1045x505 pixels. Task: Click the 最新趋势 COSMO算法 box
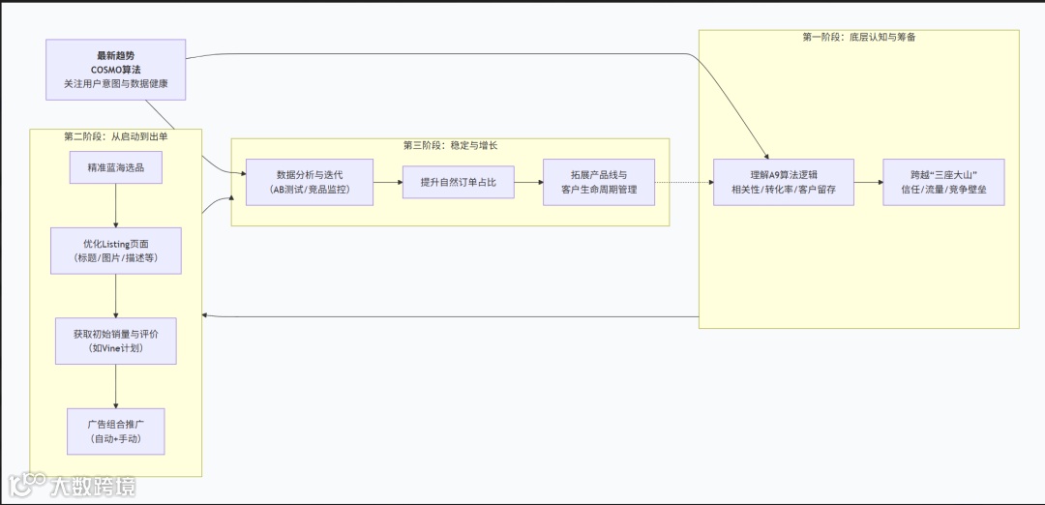[116, 70]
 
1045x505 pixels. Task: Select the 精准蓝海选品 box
[116, 167]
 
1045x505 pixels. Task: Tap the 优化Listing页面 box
[116, 251]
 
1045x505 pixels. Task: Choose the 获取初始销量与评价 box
[116, 341]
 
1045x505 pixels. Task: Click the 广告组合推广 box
[116, 431]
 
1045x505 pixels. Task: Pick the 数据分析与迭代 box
[310, 182]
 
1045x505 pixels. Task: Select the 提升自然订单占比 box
[459, 182]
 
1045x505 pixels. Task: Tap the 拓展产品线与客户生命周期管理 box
[599, 182]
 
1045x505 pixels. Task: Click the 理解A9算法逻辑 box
[784, 182]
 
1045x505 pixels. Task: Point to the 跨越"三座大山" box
[943, 182]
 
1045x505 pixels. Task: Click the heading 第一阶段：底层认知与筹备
[859, 37]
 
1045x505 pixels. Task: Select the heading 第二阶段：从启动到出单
[116, 136]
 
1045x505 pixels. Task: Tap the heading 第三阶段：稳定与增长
[450, 145]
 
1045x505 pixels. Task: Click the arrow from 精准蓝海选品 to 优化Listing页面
[116, 205]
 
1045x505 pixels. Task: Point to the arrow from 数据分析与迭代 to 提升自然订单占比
[388, 182]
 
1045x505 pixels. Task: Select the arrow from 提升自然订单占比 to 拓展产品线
[528, 182]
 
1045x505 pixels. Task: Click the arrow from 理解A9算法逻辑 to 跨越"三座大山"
[868, 182]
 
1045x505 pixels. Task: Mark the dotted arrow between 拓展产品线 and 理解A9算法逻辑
[684, 182]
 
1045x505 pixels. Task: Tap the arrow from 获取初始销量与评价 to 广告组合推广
[116, 386]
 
